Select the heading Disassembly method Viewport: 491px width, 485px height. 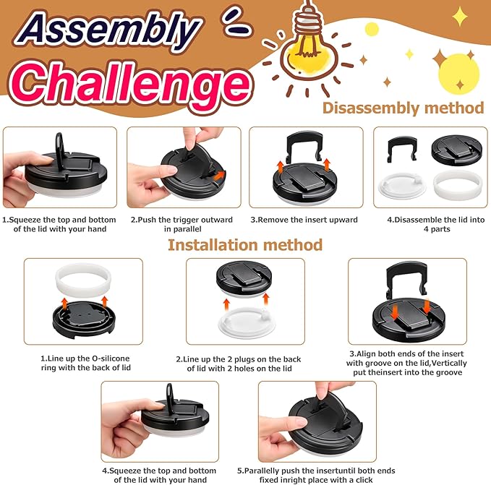pyautogui.click(x=403, y=108)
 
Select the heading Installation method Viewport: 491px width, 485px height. pyautogui.click(x=245, y=245)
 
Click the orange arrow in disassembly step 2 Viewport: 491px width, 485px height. pyautogui.click(x=220, y=175)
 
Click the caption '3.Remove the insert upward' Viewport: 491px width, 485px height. pyautogui.click(x=304, y=220)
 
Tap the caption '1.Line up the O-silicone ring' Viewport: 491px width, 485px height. pyautogui.click(x=85, y=363)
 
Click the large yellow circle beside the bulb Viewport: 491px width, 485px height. pyautogui.click(x=458, y=74)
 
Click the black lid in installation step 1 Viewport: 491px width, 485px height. pyautogui.click(x=84, y=320)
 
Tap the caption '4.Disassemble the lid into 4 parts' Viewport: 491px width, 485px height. pyautogui.click(x=436, y=224)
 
